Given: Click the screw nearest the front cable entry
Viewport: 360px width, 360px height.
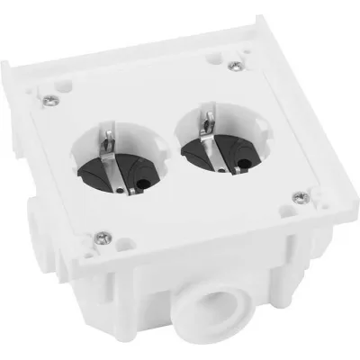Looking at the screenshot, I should coord(102,237).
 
